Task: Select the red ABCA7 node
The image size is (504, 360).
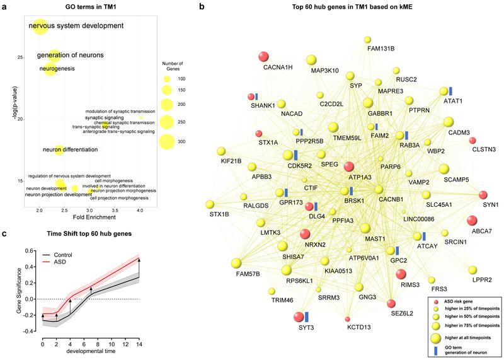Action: click(472, 220)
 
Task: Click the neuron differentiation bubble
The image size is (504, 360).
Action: click(59, 149)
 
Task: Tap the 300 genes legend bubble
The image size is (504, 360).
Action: click(167, 141)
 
